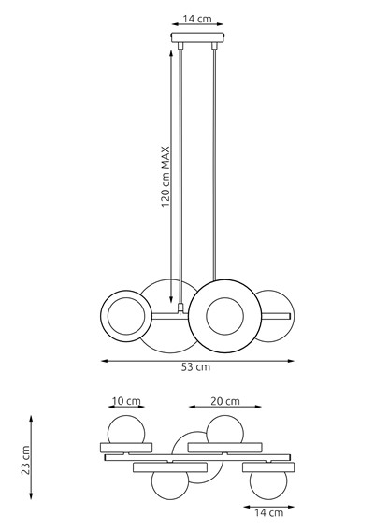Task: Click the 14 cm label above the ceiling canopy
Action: coord(195,17)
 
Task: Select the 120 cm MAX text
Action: coord(164,177)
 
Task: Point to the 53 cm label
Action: coord(195,367)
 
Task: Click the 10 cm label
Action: coord(126,401)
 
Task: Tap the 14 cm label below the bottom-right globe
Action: coord(268,512)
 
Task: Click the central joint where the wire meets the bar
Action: coord(178,308)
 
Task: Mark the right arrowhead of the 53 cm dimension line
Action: coord(289,359)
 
